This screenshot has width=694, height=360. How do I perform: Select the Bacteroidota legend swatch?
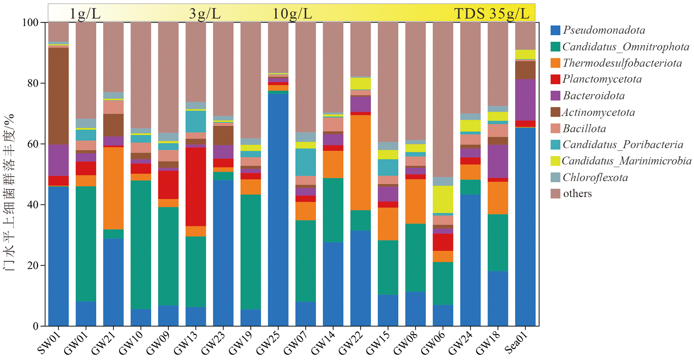pos(555,96)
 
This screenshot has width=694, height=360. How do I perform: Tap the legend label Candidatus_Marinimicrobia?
pos(626,161)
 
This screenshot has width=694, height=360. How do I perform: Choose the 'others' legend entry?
pos(577,194)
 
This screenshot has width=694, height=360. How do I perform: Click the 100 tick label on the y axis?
pos(30,22)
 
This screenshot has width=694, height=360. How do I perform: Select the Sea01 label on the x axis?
pos(516,343)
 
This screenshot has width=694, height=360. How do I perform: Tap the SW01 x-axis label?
pos(49,343)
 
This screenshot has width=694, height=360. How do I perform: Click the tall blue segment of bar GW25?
pos(278,208)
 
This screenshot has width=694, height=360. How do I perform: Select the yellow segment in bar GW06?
pos(443,199)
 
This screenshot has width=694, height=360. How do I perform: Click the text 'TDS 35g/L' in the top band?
pos(492,14)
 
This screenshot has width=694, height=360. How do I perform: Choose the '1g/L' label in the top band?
pos(85,14)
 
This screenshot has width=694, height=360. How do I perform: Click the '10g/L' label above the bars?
pos(292,14)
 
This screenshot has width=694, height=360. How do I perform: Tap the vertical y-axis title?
pos(9,191)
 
